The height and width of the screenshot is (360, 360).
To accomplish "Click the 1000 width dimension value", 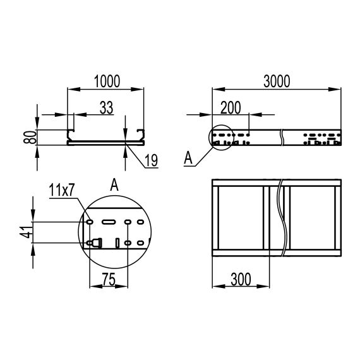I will click(105, 81).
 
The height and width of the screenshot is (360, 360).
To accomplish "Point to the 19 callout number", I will click(150, 160).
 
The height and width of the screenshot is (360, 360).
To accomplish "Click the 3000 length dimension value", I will click(276, 81).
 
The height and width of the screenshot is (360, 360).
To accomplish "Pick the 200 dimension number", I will click(231, 107).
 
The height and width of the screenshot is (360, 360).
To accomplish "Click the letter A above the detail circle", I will click(114, 184).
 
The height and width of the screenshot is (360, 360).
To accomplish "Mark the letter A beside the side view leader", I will click(188, 159).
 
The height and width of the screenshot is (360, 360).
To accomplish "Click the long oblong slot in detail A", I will click(108, 222).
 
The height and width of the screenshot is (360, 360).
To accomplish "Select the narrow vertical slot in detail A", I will click(117, 243).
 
